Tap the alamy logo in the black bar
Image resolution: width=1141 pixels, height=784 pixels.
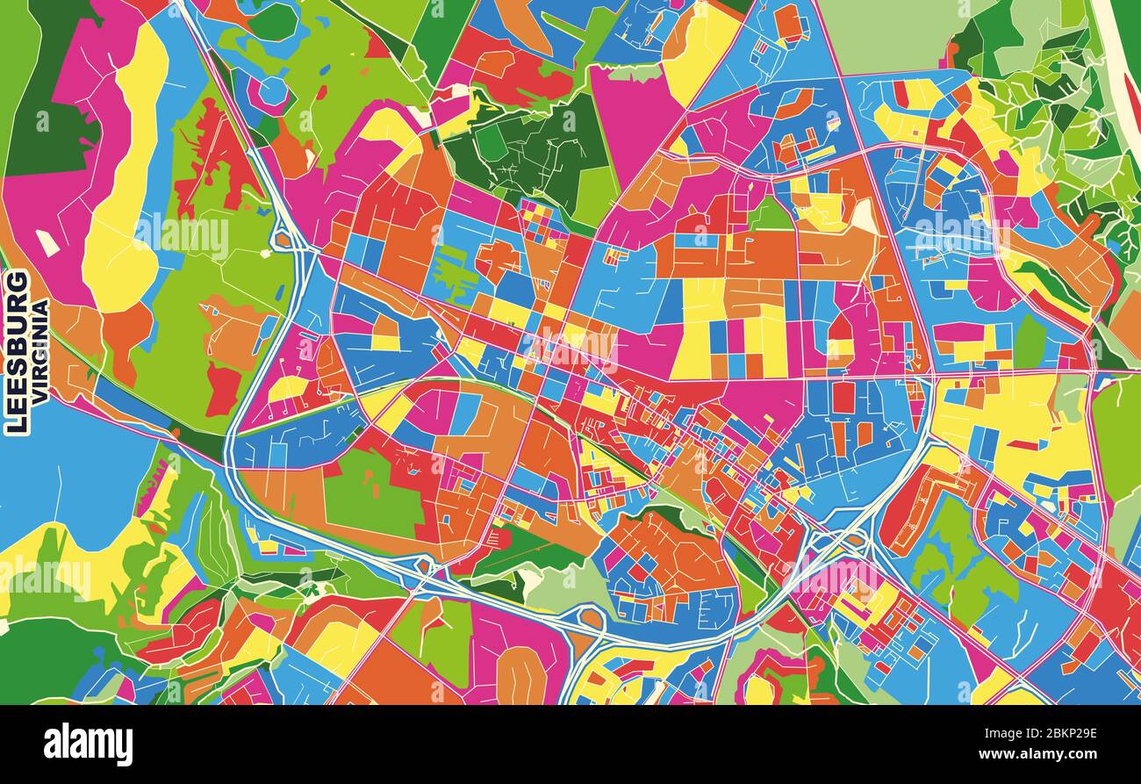(88, 744)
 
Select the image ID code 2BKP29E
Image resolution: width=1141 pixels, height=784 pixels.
(1051, 735)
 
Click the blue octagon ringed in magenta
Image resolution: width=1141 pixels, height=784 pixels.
(272, 90)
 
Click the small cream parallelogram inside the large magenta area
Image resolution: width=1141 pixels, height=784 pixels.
(47, 243)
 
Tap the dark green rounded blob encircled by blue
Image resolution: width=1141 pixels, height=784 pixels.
(273, 23)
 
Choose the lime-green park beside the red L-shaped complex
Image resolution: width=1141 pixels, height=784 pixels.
(957, 562)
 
